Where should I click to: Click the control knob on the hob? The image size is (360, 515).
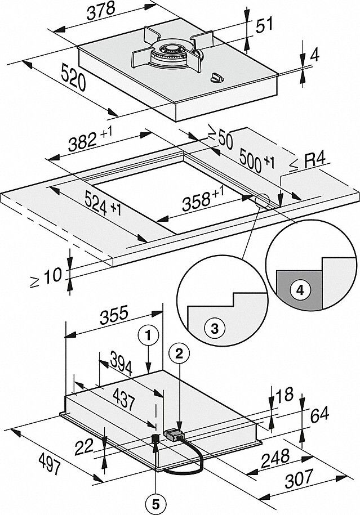pos(217,78)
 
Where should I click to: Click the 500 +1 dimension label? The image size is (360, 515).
pos(256,159)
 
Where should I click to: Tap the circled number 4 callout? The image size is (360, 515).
pos(300,290)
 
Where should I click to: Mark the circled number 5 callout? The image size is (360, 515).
pos(155,501)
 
